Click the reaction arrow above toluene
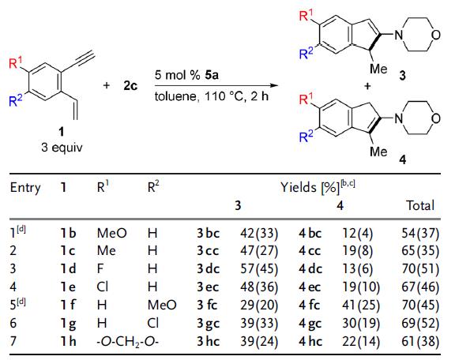coord(216,85)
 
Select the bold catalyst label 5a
coord(212,75)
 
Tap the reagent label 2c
coord(130,86)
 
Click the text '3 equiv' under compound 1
coord(62,148)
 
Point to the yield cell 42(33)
coord(259,233)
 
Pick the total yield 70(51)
coord(420,269)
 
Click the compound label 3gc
coord(208,323)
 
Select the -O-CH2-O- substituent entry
coord(128,341)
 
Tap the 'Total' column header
coord(420,205)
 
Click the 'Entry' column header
coord(25,188)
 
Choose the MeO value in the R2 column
coord(162,306)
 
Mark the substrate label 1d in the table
coord(68,269)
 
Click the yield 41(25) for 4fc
coord(361,306)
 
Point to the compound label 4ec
coord(310,287)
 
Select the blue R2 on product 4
coord(306,137)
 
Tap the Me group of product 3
coord(378,69)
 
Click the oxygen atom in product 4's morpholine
coord(435,118)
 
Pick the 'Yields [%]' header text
coord(310,188)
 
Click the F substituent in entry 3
coord(100,269)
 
